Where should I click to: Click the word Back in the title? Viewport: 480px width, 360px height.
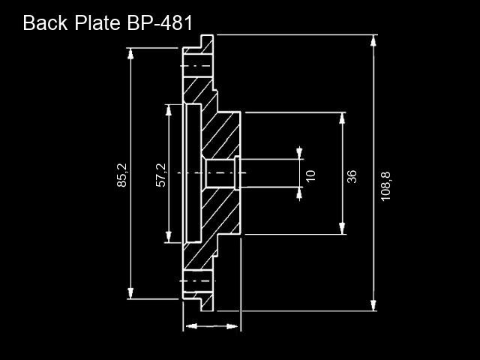[x=45, y=22]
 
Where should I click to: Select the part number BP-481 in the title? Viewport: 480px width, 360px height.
[x=160, y=22]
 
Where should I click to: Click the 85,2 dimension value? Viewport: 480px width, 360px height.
[x=121, y=175]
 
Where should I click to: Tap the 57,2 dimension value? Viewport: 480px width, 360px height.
[x=161, y=175]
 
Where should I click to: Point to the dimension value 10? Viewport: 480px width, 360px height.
[x=310, y=175]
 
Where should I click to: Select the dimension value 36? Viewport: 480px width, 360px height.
[x=352, y=176]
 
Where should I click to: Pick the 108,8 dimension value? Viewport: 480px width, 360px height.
[x=385, y=186]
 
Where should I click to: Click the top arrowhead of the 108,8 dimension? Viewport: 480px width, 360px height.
[x=373, y=40]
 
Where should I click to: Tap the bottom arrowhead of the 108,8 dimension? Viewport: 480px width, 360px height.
[x=373, y=305]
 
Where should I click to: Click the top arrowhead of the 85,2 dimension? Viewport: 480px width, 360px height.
[x=130, y=53]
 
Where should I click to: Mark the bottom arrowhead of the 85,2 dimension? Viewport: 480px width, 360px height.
[x=130, y=293]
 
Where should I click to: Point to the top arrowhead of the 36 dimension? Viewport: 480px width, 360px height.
[x=342, y=118]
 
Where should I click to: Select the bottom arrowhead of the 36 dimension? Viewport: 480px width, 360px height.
[x=342, y=229]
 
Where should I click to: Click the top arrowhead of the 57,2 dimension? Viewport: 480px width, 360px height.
[x=168, y=110]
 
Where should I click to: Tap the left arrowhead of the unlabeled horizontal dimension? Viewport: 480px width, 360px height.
[x=191, y=326]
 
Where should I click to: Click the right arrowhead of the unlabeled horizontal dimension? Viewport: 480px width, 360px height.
[x=232, y=326]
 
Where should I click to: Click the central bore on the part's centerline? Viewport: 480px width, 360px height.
[x=220, y=173]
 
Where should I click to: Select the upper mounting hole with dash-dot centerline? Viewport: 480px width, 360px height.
[x=198, y=66]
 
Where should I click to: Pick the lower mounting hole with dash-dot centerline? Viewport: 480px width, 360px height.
[x=198, y=281]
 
